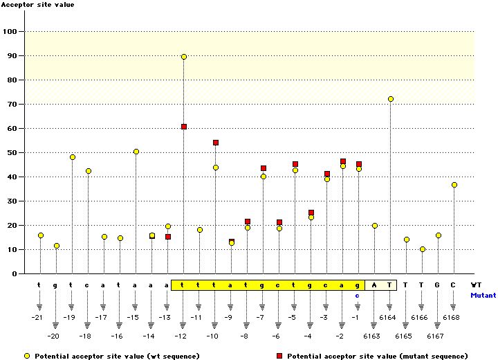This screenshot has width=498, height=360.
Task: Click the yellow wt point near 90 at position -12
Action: (184, 57)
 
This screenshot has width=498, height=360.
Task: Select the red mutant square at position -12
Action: (184, 127)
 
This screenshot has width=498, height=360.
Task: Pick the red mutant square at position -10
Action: (216, 143)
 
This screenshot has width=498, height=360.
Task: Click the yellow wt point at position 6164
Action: (391, 99)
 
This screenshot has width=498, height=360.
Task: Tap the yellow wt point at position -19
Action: (73, 157)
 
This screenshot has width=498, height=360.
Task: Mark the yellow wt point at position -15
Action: (136, 152)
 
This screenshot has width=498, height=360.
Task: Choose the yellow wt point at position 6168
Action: (454, 185)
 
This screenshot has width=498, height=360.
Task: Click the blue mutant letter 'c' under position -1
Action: (358, 295)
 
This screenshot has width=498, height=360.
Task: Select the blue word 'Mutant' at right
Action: (483, 295)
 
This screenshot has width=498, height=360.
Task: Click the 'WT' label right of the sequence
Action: (476, 285)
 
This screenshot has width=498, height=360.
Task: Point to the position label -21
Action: (39, 318)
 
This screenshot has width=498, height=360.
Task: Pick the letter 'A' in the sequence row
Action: (374, 285)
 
